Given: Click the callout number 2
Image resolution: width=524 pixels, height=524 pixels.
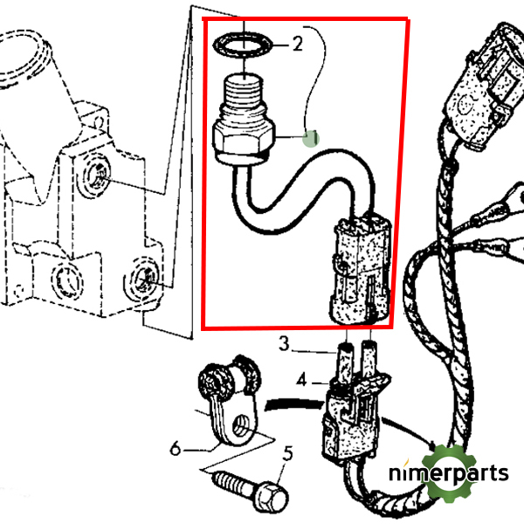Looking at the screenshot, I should pyautogui.click(x=297, y=44).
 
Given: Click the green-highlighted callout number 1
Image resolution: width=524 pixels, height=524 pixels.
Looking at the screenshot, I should pyautogui.click(x=311, y=137).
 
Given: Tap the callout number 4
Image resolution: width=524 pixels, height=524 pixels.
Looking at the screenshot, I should pyautogui.click(x=301, y=381).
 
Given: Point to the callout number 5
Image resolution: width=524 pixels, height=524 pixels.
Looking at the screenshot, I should pyautogui.click(x=287, y=453).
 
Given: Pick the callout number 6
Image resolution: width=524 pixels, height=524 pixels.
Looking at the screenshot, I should pyautogui.click(x=176, y=450).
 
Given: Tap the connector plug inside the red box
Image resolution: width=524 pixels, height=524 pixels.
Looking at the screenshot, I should pyautogui.click(x=359, y=271).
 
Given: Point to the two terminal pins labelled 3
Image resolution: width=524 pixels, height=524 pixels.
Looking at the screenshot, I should pyautogui.click(x=358, y=358).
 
